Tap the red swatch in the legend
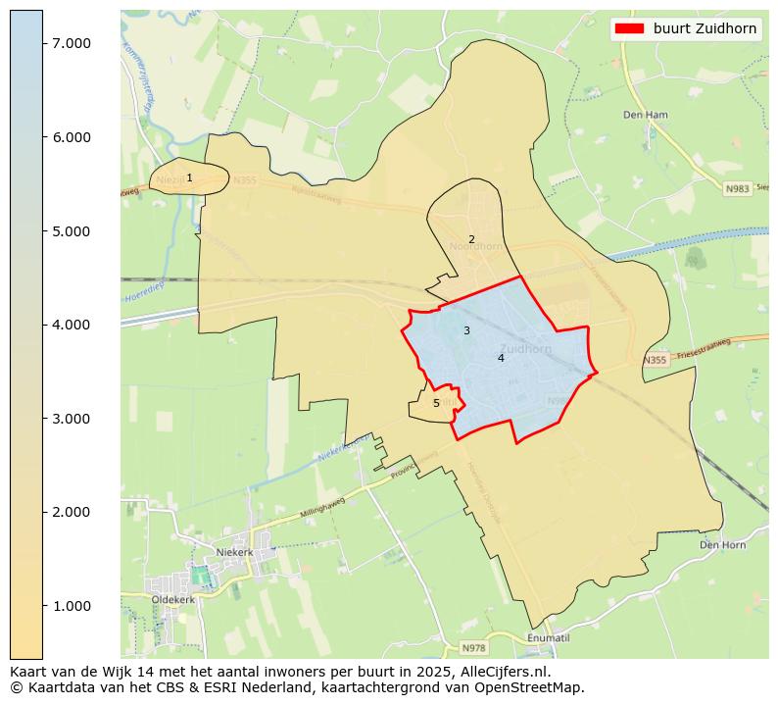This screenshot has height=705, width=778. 628,28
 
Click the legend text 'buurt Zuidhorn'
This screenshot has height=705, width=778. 705,28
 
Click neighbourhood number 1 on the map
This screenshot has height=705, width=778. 189,178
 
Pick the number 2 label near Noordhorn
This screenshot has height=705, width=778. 471,239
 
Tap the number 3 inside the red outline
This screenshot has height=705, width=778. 466,330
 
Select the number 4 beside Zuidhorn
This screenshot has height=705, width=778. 501,358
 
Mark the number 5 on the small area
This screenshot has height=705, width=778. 436,403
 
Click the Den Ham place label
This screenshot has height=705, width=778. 645,115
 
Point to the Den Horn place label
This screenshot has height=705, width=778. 722,544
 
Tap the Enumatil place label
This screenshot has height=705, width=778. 548,637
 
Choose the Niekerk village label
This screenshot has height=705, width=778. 234,552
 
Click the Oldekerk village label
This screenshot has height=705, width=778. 172,598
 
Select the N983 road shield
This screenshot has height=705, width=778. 737,188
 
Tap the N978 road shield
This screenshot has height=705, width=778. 474,648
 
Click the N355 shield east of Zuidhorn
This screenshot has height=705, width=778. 655,361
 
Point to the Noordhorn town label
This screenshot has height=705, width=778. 475,246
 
